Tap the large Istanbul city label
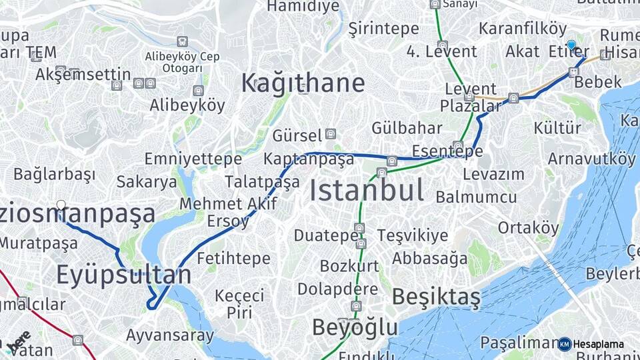pyautogui.click(x=367, y=191)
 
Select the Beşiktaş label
pyautogui.click(x=435, y=297)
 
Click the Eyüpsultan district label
pyautogui.click(x=123, y=274)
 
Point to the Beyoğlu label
pyautogui.click(x=355, y=327)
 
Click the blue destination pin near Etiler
pyautogui.click(x=571, y=45)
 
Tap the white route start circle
pyautogui.click(x=61, y=205)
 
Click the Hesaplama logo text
pyautogui.click(x=598, y=344)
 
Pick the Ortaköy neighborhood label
pyautogui.click(x=529, y=227)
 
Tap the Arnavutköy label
pyautogui.click(x=591, y=159)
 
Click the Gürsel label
pyautogui.click(x=297, y=135)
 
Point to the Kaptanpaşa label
pyautogui.click(x=308, y=159)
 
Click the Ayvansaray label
pyautogui.click(x=170, y=335)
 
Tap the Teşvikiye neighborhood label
pyautogui.click(x=413, y=235)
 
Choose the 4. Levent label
pyautogui.click(x=442, y=51)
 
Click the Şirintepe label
pyautogui.click(x=383, y=29)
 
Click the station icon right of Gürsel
pyautogui.click(x=331, y=133)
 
